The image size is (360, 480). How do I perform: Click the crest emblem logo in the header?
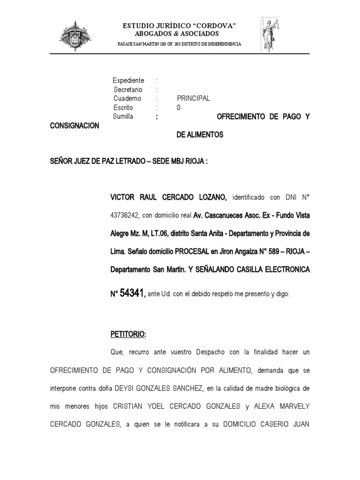75,36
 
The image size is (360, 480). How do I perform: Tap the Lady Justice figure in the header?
271,35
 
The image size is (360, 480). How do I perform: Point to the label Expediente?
128,81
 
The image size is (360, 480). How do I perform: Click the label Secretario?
128,90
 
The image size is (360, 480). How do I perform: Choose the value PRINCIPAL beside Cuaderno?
193,98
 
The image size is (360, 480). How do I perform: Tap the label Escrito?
123,107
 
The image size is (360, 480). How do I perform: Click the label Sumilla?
123,116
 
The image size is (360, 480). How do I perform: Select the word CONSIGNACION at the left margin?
75,126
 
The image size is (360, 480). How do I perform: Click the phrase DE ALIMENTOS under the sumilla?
200,135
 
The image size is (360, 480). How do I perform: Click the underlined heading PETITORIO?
128,335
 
